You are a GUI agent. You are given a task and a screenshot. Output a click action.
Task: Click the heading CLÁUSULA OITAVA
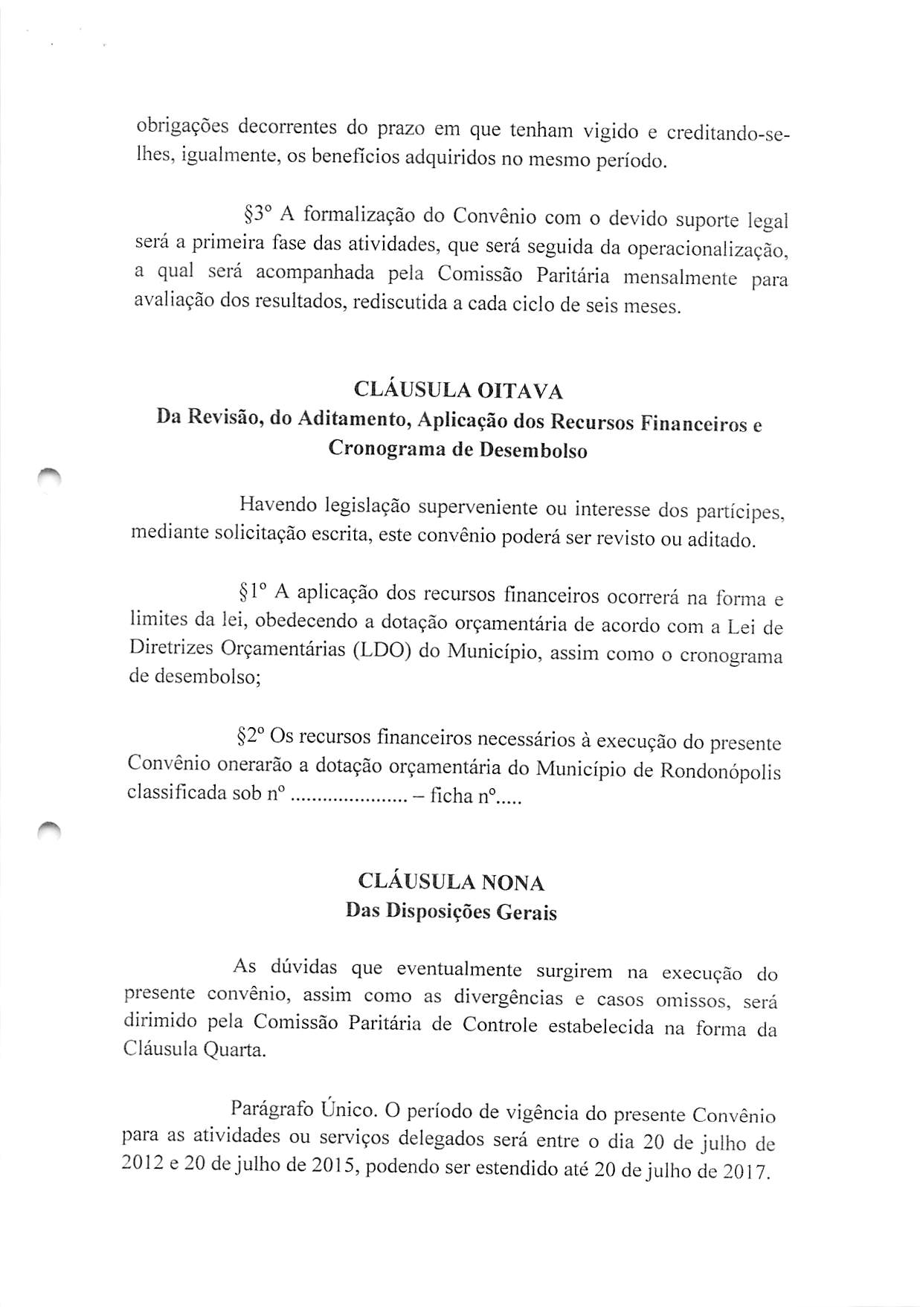(458, 390)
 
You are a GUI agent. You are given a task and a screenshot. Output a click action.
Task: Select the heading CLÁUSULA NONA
(451, 882)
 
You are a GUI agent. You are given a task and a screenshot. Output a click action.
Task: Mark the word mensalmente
(680, 278)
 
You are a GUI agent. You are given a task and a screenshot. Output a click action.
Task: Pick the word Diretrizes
(170, 648)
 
